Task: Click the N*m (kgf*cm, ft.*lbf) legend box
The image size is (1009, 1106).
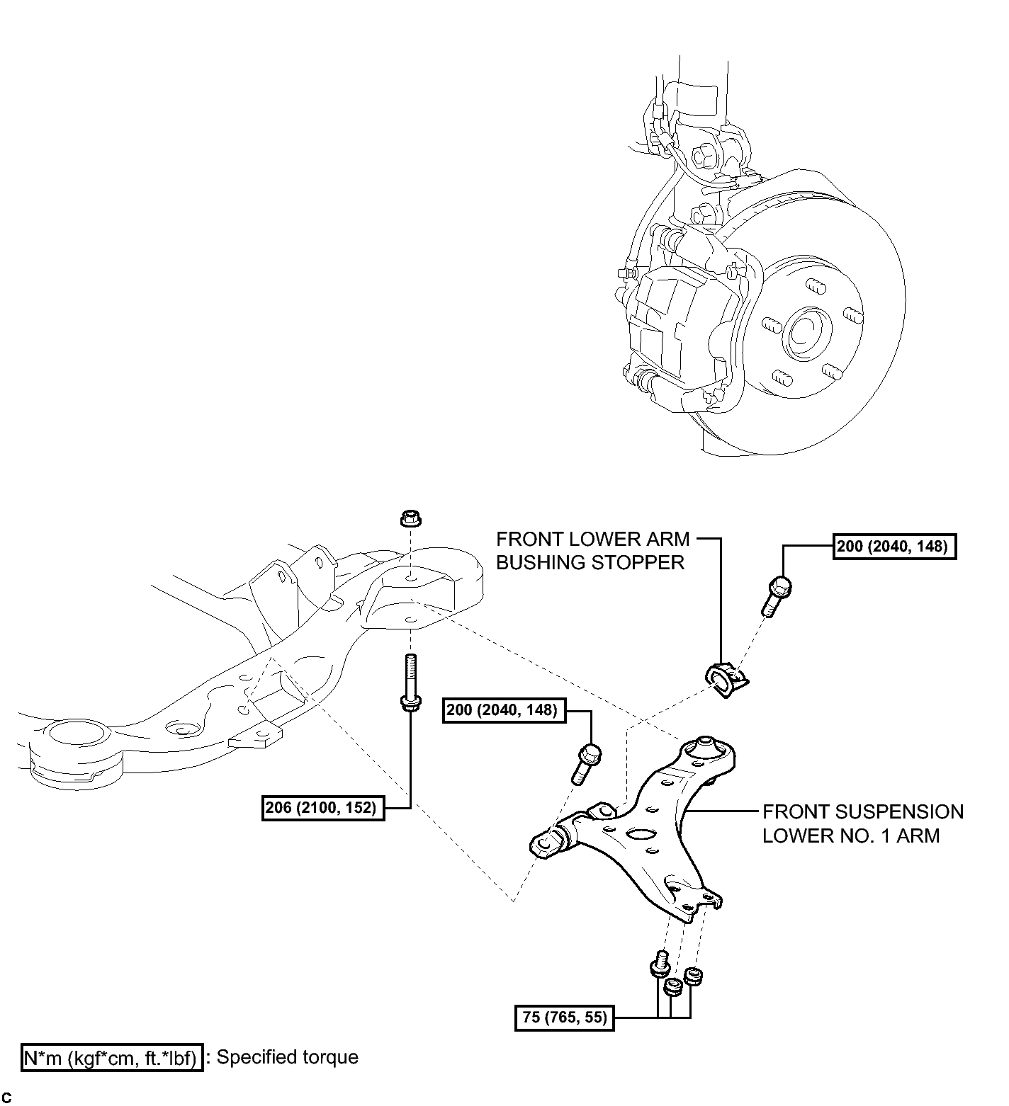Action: [x=113, y=1058]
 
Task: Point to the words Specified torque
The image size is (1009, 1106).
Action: [x=287, y=1057]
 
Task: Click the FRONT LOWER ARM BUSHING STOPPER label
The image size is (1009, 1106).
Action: [x=592, y=550]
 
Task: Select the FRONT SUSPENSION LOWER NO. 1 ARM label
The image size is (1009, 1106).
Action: [x=862, y=823]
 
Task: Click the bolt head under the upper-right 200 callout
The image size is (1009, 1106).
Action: [x=779, y=587]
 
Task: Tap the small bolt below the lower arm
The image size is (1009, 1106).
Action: [x=660, y=964]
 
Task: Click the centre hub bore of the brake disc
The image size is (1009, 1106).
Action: [x=808, y=331]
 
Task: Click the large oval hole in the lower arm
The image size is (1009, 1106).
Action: [x=643, y=834]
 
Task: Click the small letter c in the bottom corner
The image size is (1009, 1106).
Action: [x=6, y=1098]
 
